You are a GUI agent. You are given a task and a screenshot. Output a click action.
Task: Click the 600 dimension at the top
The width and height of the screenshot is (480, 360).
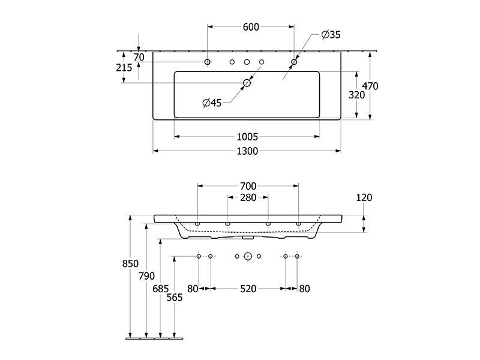coord(251,27)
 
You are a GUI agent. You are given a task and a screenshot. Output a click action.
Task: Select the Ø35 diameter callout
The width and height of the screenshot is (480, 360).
coord(331,35)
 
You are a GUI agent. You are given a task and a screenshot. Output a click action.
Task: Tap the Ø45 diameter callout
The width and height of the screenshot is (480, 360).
coord(212,103)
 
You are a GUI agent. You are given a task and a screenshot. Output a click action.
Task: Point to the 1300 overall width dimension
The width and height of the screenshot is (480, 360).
coord(247,151)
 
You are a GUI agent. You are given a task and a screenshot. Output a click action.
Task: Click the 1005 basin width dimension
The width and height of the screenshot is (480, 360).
coord(247,137)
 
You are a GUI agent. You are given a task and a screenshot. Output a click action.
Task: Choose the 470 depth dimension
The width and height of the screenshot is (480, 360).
coord(370,86)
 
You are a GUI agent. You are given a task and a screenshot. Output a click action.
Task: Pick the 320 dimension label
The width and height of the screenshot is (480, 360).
coord(356,95)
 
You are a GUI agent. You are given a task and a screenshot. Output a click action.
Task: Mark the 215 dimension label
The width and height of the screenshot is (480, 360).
coord(124,67)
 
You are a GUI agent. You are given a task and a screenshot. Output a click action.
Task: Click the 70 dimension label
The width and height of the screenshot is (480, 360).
coord(139,57)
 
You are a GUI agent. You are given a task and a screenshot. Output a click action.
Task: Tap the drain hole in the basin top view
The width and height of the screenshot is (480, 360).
coord(247,83)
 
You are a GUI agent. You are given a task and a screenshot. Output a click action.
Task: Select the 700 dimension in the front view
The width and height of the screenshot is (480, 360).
coord(248,186)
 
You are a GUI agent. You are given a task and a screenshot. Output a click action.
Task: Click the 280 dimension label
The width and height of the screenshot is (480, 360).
coord(248,197)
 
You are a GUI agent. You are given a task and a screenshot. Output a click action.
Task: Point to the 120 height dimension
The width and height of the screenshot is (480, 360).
coord(364,197)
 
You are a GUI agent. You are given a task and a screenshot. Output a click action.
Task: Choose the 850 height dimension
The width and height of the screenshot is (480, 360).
coord(130,263)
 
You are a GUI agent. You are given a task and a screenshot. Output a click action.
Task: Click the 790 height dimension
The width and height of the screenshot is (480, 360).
coord(146,276)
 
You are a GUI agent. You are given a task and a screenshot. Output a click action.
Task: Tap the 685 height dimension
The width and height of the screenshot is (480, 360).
coord(161,289)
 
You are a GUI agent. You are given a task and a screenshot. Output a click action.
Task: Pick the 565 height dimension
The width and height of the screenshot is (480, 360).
coord(175,297)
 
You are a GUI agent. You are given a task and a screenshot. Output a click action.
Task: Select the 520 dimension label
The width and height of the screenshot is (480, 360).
coord(248,289)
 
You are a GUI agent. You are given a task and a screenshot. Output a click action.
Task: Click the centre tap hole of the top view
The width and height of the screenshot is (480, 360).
coord(247,62)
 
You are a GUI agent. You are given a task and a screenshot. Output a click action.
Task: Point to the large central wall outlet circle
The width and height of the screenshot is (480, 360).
coord(248,256)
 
